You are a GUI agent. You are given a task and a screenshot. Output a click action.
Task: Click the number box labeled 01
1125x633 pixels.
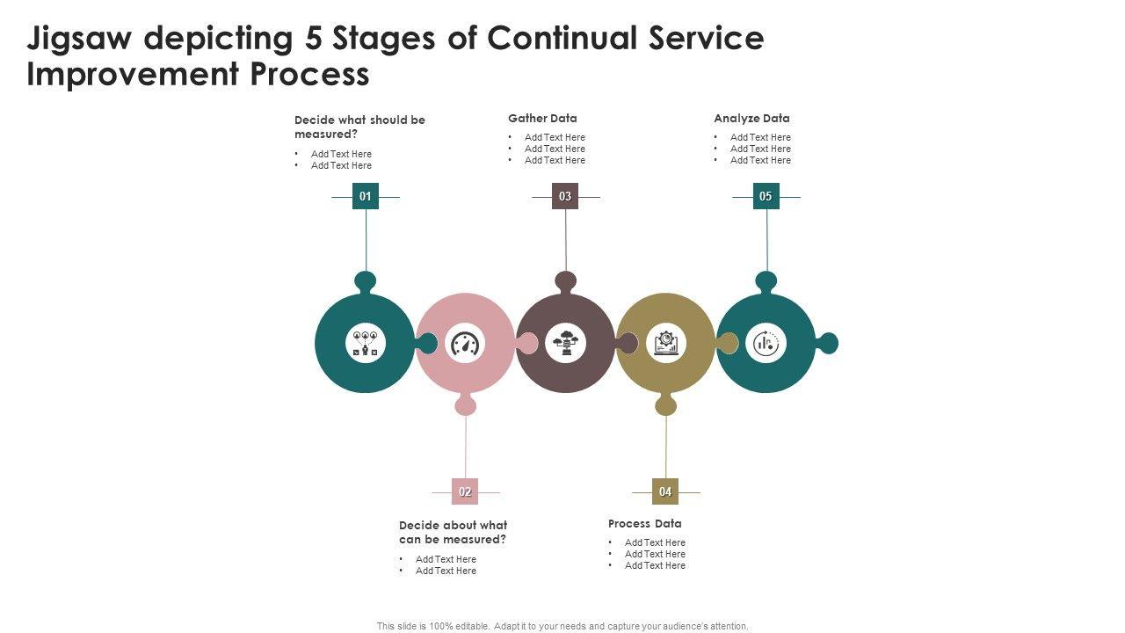[366, 196]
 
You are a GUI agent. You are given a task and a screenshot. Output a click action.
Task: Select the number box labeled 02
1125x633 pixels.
[465, 491]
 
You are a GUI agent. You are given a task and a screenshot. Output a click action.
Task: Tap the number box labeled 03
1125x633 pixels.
[565, 196]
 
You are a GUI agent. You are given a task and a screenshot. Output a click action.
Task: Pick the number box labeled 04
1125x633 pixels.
[665, 491]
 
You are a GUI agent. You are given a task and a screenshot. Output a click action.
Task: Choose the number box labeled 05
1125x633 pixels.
[766, 196]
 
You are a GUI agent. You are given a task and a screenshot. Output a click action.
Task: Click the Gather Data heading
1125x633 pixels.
[542, 118]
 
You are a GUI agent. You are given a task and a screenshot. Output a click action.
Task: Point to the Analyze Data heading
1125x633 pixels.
[751, 118]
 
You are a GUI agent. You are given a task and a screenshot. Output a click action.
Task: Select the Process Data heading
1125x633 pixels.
[644, 523]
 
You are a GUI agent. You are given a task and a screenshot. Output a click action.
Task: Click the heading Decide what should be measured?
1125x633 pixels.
[359, 127]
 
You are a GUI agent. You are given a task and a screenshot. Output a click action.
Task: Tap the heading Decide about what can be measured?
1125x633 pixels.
[453, 532]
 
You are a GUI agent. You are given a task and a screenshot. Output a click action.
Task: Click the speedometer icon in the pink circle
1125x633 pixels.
[466, 344]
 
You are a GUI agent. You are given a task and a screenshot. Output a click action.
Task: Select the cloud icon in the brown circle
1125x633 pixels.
[566, 343]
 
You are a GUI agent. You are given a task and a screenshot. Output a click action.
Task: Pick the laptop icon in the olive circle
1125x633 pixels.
[666, 343]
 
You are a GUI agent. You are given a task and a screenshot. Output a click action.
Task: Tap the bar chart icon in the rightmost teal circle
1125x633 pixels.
[766, 343]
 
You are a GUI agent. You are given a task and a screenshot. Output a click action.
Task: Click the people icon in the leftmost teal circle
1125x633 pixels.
[365, 343]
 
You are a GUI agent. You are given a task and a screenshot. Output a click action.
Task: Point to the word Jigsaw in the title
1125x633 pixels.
[79, 39]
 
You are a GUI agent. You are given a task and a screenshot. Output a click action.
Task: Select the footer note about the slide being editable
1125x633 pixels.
[562, 626]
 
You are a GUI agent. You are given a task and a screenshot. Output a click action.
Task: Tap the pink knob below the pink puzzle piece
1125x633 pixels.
[466, 405]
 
